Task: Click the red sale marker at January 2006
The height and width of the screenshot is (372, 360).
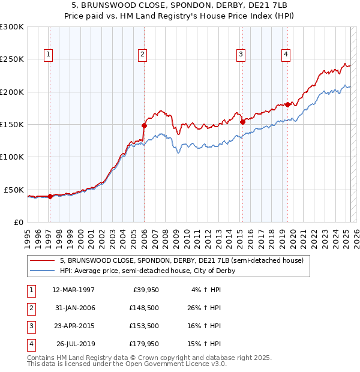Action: click(x=144, y=125)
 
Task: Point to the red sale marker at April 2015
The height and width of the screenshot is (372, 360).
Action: click(x=242, y=122)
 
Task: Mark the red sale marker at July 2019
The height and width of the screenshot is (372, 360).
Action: click(x=287, y=105)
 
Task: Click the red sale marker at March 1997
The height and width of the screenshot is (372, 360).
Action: click(x=50, y=196)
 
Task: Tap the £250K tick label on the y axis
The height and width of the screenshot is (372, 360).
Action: click(x=12, y=59)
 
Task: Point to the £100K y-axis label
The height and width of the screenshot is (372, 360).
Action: click(x=12, y=157)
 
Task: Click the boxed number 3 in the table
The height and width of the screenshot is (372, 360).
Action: click(x=29, y=326)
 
